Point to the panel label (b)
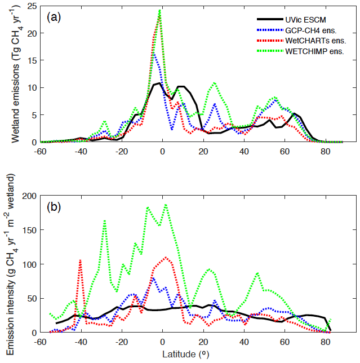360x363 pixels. (x=54, y=207)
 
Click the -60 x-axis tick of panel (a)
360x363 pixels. (x=40, y=151)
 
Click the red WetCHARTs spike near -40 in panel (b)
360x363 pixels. (x=81, y=260)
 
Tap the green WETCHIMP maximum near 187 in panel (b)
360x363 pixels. (x=166, y=205)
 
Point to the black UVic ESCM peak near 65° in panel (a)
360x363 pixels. (x=295, y=114)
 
